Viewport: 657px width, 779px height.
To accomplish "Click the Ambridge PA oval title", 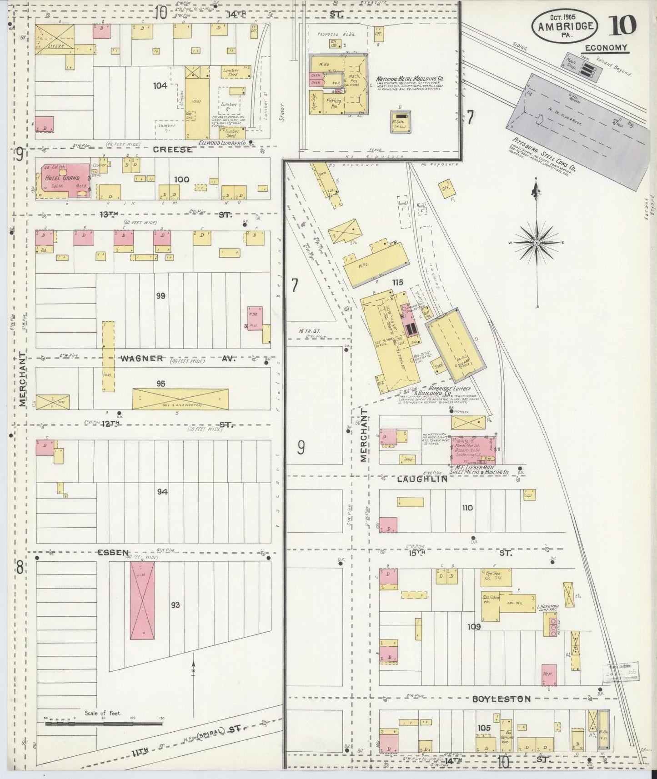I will [x=565, y=26].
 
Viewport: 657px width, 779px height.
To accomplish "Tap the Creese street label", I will [x=172, y=150].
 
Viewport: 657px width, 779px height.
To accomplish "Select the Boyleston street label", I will [x=501, y=699].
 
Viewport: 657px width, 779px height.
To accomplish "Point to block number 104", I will [x=160, y=85].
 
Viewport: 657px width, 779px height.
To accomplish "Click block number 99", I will [x=160, y=296].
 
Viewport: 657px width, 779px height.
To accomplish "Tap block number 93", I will [x=176, y=604].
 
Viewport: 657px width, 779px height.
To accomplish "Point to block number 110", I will [x=467, y=508].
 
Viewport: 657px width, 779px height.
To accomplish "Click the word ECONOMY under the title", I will [x=606, y=48].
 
